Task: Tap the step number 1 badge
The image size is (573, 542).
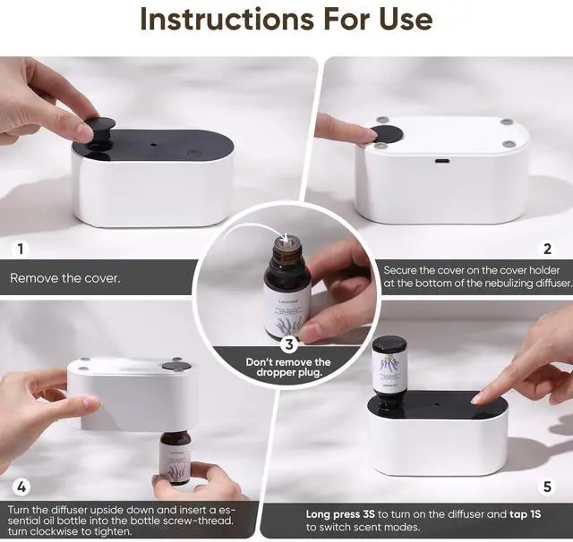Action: tap(21, 250)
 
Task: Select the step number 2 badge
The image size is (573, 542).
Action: tap(547, 250)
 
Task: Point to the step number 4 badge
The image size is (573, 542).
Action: tap(21, 487)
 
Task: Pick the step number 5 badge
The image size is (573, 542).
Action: tap(547, 487)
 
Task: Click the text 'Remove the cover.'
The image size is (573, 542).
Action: tap(65, 278)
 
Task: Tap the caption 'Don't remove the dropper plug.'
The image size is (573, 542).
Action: tap(288, 367)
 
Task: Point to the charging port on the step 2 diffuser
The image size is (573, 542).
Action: tap(441, 162)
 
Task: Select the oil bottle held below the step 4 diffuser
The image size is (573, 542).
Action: tap(175, 456)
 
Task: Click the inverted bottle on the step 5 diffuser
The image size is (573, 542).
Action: tap(389, 368)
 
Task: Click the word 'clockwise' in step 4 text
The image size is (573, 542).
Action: tap(76, 530)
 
